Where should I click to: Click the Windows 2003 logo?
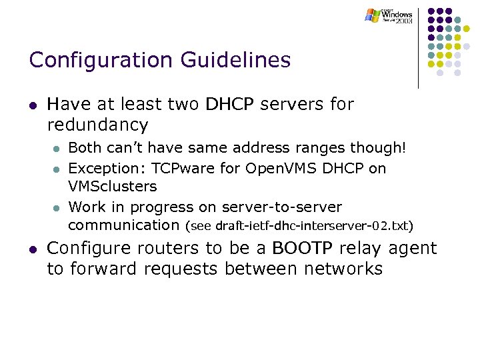389,16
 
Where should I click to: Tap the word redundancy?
97,125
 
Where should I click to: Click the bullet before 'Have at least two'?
32,105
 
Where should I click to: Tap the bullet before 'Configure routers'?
32,249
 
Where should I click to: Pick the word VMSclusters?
113,186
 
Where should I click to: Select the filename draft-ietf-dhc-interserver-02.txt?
311,226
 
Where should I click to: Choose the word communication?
124,225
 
